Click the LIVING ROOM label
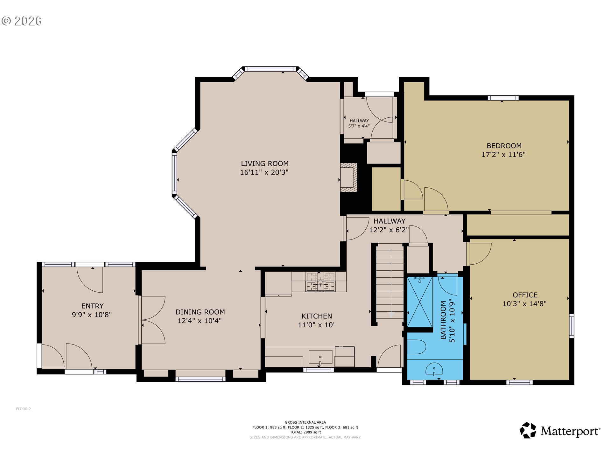(x=264, y=163)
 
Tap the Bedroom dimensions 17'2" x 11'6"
(x=503, y=155)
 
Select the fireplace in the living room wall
(x=348, y=177)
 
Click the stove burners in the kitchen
(x=320, y=281)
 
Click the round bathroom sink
(x=434, y=369)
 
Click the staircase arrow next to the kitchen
(x=391, y=314)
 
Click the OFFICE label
(x=525, y=295)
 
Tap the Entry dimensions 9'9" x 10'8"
(x=92, y=315)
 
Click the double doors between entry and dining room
(x=153, y=320)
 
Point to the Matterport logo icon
(x=528, y=430)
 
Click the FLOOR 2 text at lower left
(x=23, y=409)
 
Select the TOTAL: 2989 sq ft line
(x=305, y=432)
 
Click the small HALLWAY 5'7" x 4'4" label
(x=359, y=123)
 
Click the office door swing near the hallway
(x=480, y=253)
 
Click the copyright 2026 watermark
(x=22, y=21)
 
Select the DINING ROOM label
(x=200, y=312)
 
